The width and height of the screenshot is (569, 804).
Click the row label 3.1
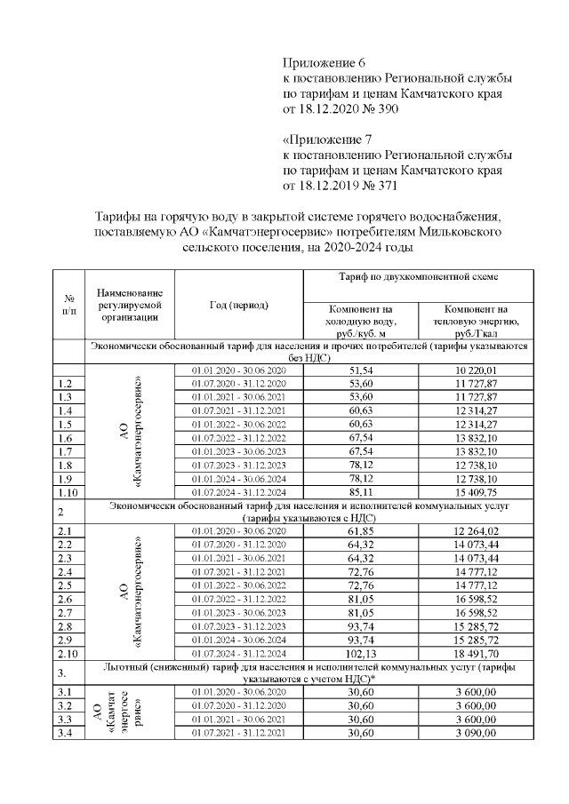coord(64,692)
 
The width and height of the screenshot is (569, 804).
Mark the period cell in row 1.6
coord(238,438)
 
